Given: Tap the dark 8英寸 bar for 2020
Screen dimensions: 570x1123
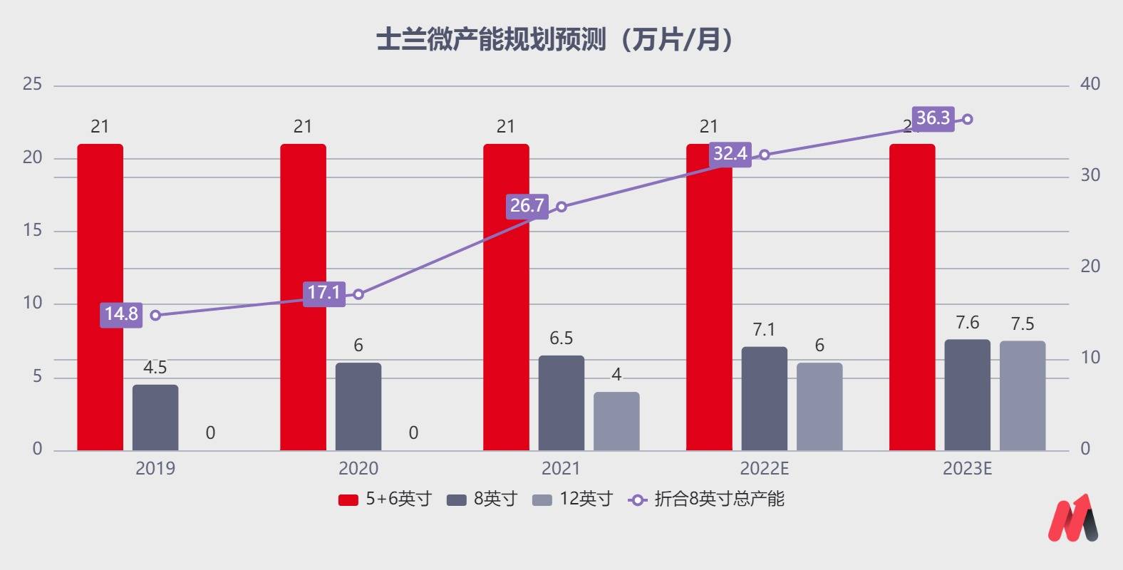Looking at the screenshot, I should (x=358, y=407).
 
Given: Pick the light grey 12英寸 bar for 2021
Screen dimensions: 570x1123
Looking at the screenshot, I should (x=616, y=421).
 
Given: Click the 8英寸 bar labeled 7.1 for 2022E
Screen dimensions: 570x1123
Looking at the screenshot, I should (x=765, y=399).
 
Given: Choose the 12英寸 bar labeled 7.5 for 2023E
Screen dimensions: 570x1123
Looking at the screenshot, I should (x=1023, y=395).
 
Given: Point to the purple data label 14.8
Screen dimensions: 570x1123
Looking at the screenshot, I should (x=121, y=314).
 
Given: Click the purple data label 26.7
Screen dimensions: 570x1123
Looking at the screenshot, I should (x=527, y=206).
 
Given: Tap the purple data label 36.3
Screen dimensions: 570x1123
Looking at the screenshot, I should (x=933, y=118).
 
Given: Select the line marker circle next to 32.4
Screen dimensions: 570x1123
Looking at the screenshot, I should (x=765, y=155).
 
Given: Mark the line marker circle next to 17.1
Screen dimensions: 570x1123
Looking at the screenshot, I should (x=358, y=294).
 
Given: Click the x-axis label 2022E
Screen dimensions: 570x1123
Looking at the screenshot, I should (x=765, y=469).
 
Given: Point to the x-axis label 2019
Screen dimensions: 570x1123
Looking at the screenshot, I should (x=155, y=469).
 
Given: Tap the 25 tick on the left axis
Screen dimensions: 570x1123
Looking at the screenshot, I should (x=33, y=84).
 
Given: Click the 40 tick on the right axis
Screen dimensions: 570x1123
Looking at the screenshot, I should (x=1090, y=84).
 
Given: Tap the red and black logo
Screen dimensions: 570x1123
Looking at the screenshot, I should (x=1072, y=518).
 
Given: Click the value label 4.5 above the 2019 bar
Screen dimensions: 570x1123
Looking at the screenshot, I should (x=155, y=368).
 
